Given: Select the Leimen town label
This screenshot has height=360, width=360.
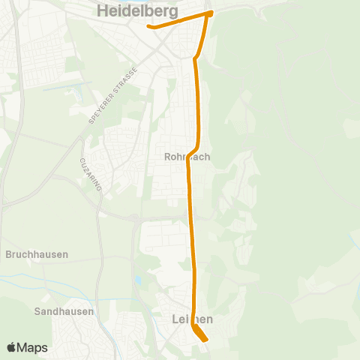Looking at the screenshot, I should pos(187,319).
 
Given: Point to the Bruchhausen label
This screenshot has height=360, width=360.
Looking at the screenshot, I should pos(37,254).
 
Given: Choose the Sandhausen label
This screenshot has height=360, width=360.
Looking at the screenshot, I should pos(64,310).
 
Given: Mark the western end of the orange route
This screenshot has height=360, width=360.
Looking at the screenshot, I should pos(149,26).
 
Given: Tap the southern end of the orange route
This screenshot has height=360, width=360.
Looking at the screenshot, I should pos(205,340).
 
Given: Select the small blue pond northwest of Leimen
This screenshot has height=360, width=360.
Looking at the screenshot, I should pos(137,281).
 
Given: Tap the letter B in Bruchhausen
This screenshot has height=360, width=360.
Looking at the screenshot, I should pos(8,254).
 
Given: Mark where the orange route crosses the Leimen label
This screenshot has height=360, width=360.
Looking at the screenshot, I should pos(193,319).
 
